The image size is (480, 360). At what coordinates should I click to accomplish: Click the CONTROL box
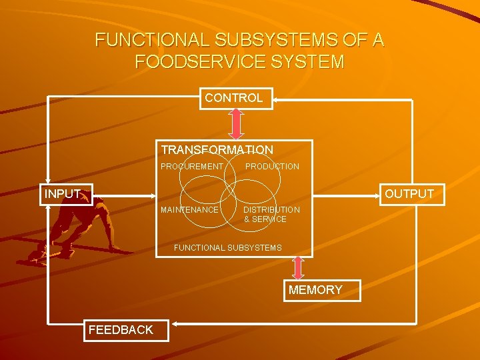[234, 99]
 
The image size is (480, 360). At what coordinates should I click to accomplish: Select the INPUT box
[63, 195]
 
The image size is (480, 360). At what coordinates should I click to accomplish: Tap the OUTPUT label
[409, 194]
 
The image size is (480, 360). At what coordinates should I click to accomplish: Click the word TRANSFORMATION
[217, 151]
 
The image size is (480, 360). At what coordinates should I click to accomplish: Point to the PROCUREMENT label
[192, 166]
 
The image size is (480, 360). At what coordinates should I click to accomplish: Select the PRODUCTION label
[272, 166]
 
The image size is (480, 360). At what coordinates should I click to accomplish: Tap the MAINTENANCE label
[189, 210]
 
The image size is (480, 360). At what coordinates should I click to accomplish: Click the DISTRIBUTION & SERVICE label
[271, 214]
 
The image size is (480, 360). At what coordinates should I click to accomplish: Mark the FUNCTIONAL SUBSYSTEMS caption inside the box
[227, 248]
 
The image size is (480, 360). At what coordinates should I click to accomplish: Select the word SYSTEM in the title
[310, 63]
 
